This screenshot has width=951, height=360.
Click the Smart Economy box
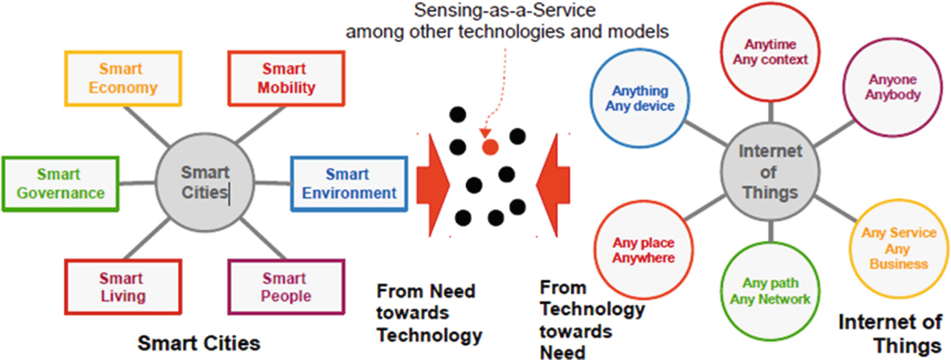pos(123,78)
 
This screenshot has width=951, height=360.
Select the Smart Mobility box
pos(286,78)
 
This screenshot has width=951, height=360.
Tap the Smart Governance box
pos(61,184)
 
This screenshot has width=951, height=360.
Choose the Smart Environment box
pos(349,184)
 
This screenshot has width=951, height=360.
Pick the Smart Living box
pos(122,288)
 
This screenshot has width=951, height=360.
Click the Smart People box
pos(286,288)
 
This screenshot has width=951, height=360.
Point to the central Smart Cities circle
pos(204,182)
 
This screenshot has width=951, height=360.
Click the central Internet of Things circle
pos(770,171)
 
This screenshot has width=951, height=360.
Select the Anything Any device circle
pos(640,98)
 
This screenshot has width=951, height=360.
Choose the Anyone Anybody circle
pos(894,87)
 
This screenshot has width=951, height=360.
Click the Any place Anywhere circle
pos(643,251)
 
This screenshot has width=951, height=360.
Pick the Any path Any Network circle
pos(776,290)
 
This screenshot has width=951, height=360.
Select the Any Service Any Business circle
pos(899,248)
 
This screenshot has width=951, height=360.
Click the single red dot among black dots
pos(490,146)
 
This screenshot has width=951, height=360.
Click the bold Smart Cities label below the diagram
pos(199,342)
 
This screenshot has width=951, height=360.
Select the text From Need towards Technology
pos(429,313)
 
